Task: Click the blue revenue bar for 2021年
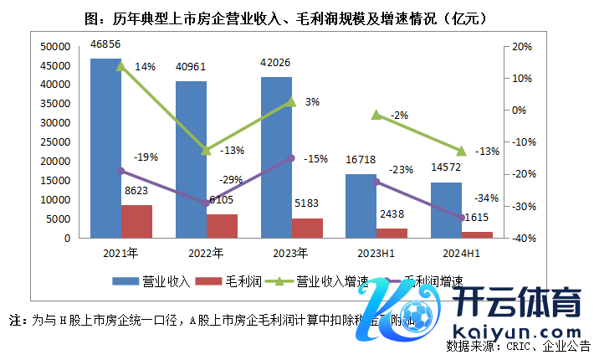tap(105, 148)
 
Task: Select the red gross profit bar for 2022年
tap(222, 226)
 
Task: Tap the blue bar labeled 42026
tap(276, 157)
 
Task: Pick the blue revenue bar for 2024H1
tap(446, 210)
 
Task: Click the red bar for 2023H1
tap(392, 233)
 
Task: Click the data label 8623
tap(138, 191)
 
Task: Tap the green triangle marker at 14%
tap(120, 65)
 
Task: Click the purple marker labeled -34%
tap(461, 218)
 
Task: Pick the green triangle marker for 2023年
tap(291, 101)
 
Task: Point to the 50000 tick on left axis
tap(55, 47)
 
